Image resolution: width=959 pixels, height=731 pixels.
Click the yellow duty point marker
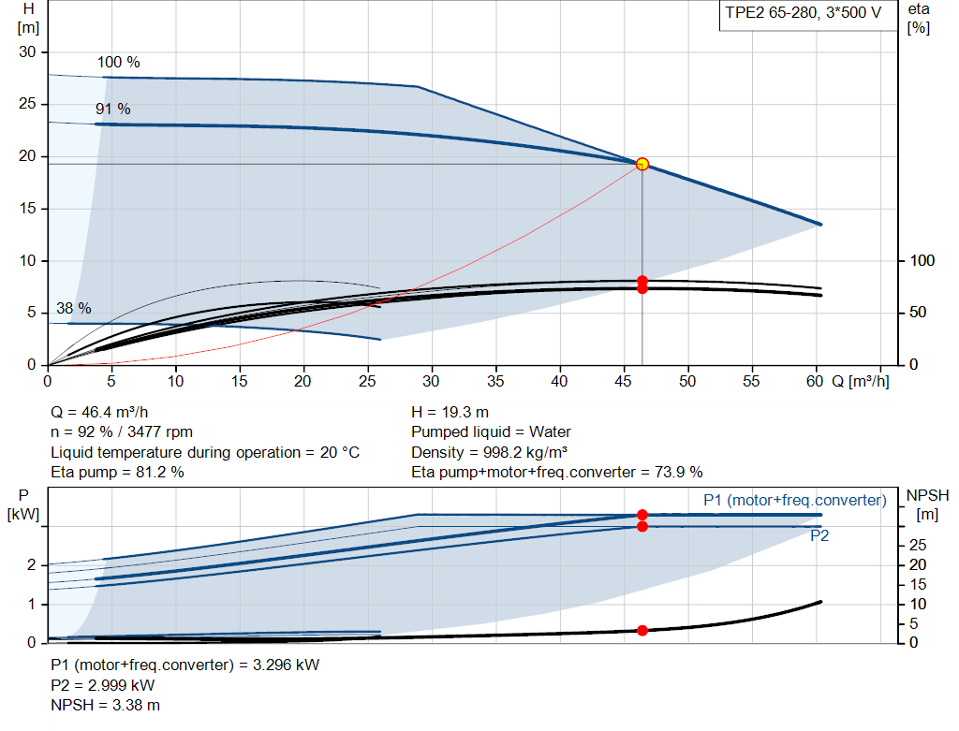click(642, 164)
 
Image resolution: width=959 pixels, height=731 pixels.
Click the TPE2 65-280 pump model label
click(801, 14)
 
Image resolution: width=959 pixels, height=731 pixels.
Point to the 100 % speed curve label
click(118, 63)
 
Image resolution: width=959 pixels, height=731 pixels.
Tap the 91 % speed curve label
click(112, 110)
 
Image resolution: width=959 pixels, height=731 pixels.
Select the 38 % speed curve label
click(74, 309)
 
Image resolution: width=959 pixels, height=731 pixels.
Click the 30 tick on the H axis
click(28, 52)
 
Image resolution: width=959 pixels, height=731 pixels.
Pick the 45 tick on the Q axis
click(625, 382)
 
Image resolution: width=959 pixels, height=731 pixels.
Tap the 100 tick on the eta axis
click(922, 260)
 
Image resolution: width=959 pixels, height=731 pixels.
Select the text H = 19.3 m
click(450, 412)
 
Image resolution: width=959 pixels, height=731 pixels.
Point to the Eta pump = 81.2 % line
click(117, 472)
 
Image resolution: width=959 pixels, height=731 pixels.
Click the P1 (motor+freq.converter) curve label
click(794, 501)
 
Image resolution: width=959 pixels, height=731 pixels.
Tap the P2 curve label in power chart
click(819, 536)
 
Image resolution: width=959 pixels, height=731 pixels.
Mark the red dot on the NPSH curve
click(642, 630)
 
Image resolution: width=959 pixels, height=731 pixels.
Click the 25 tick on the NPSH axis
click(921, 545)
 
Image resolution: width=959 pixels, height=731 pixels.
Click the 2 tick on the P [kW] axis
click(32, 565)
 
